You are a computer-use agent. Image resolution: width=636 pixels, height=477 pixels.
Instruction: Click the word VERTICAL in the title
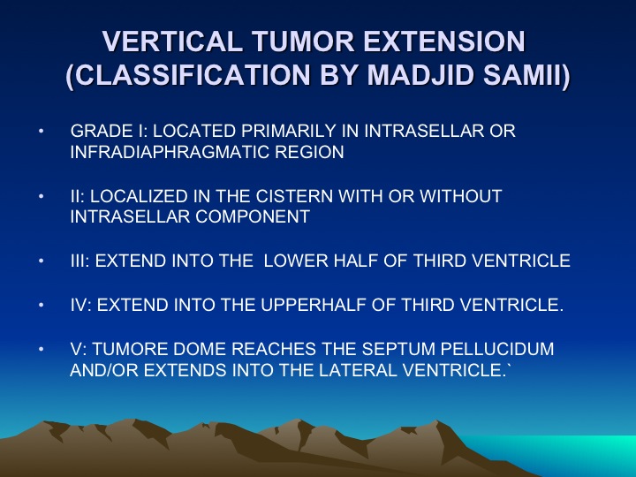point(172,42)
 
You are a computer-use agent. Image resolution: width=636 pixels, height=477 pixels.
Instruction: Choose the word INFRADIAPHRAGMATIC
point(170,152)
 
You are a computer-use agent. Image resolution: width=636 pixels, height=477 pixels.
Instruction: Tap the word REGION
point(309,152)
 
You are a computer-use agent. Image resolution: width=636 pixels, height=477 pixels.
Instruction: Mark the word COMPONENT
point(253,216)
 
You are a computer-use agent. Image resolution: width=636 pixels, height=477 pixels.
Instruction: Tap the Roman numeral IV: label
point(81,305)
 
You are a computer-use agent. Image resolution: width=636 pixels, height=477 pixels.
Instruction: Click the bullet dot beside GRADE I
point(41,131)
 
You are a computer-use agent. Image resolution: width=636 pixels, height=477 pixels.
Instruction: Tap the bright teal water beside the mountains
point(568,450)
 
